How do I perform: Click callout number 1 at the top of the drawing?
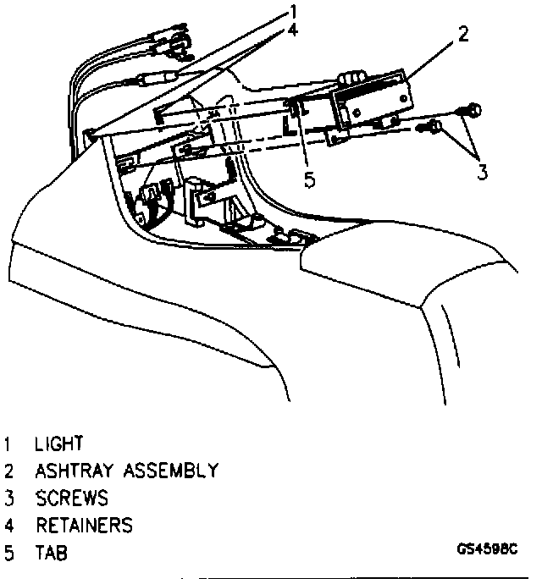tap(293, 11)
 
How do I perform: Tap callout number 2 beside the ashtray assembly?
tap(462, 35)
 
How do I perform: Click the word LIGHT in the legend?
tap(59, 443)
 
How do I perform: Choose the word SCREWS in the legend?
tap(71, 498)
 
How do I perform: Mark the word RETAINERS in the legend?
tap(84, 526)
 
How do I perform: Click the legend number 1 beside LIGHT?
tap(8, 443)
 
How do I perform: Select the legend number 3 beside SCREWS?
tap(8, 498)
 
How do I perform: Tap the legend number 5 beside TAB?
tap(8, 554)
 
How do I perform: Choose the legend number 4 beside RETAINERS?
tap(8, 526)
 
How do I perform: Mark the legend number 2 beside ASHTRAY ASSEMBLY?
tap(8, 470)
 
